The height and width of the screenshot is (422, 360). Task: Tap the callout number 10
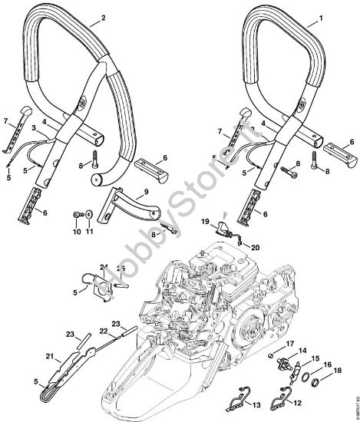pos(77,231)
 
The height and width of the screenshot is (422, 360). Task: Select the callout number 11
pos(89,231)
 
